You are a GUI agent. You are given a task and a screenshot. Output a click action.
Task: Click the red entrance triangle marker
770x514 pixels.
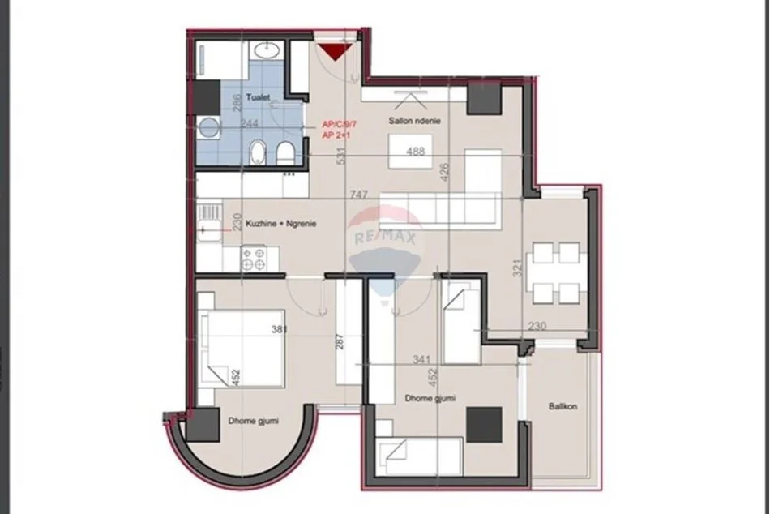point(332,54)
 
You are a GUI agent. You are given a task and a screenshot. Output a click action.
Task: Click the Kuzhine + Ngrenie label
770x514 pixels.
point(282,223)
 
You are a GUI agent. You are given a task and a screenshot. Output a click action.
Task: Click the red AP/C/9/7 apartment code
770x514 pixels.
point(340,124)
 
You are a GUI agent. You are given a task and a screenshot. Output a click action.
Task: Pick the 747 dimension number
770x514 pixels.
point(361,195)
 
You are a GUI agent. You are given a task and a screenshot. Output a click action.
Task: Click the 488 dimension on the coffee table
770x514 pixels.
point(416,151)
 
